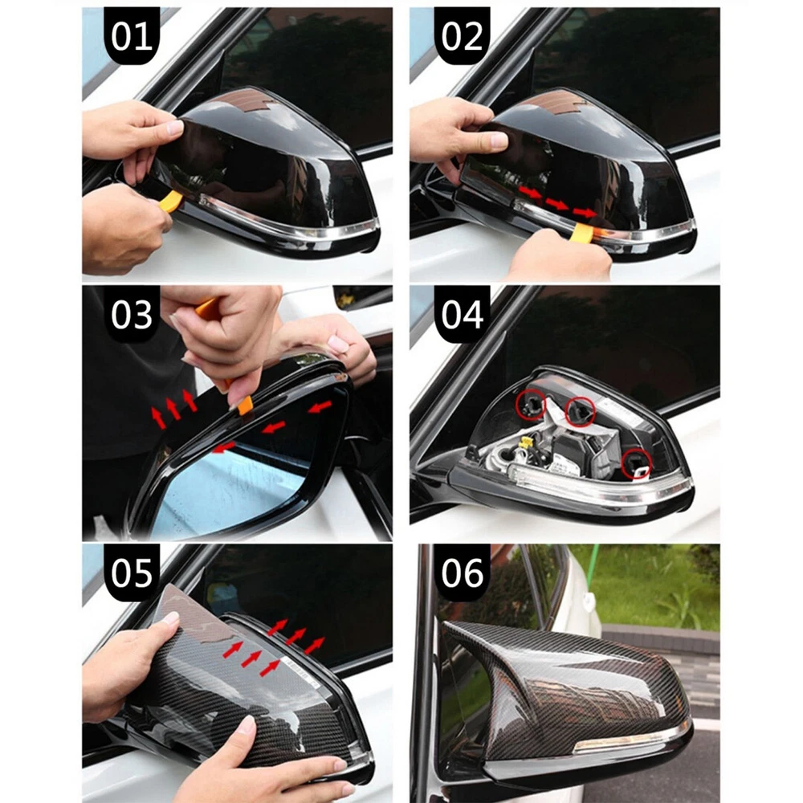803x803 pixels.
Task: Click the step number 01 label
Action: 132,37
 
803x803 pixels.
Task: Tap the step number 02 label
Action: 462,37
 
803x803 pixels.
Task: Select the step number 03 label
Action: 132,315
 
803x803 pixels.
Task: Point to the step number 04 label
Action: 462,315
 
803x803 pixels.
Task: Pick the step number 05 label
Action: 132,573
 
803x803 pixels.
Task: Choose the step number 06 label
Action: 462,573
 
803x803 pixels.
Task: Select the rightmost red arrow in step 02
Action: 585,211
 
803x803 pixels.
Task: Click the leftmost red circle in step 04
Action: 531,404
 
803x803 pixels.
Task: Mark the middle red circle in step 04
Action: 581,411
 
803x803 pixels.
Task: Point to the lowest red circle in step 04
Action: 637,464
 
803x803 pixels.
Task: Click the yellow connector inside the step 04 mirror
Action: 525,443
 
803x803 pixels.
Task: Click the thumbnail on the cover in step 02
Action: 498,141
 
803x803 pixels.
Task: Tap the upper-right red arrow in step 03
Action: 320,407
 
